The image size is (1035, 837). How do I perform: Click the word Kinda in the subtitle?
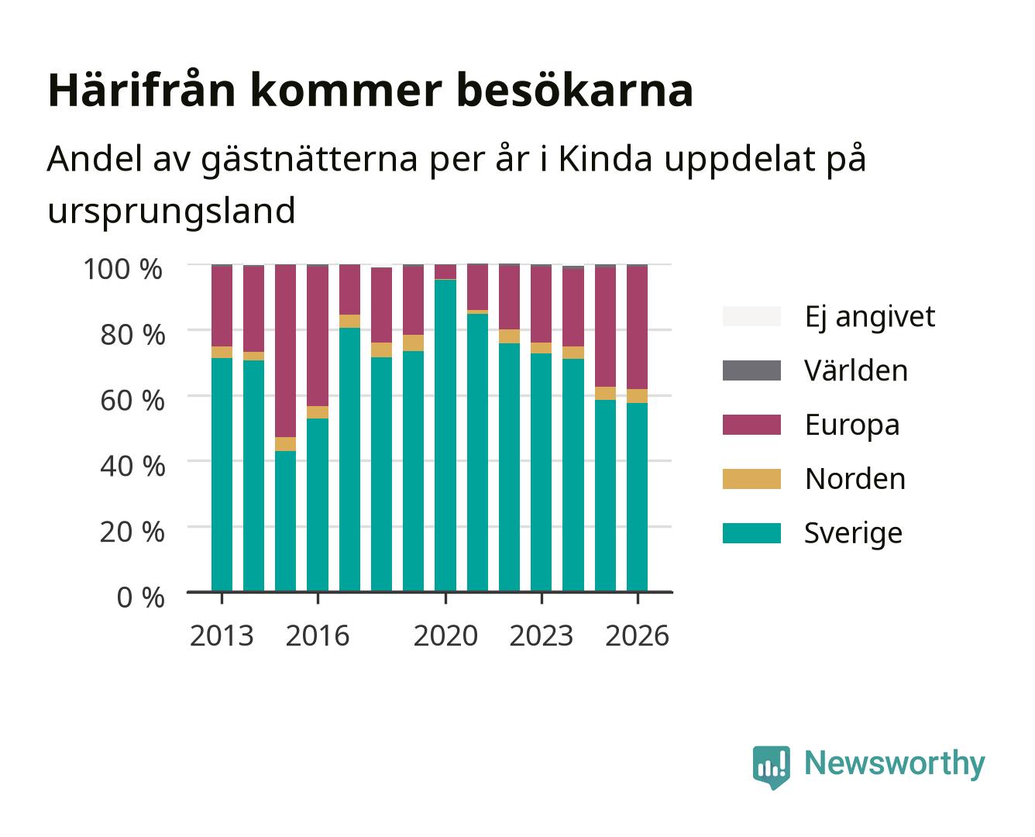pos(605,158)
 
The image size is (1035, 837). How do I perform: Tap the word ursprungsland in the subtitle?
pos(171,212)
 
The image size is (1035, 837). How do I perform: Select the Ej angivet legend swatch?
pos(751,316)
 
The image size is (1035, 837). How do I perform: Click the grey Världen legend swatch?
pos(751,370)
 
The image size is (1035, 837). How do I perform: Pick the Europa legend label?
pos(852,425)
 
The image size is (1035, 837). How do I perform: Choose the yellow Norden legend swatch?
pos(751,479)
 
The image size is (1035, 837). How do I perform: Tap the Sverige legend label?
pos(853,533)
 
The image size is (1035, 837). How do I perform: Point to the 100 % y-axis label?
pos(123,269)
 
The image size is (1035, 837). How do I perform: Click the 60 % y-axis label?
pos(132,401)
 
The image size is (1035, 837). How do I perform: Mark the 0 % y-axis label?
pos(140,598)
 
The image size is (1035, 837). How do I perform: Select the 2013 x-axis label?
pos(222,635)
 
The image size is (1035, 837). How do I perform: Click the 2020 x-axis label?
pos(445,635)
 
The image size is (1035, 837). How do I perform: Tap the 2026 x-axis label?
pos(637,635)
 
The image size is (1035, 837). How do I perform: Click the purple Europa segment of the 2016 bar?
pos(318,336)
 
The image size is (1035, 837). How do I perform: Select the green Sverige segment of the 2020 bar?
pos(445,436)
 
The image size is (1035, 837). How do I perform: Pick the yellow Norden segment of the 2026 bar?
pos(637,396)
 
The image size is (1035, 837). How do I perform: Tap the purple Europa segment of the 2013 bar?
pos(222,306)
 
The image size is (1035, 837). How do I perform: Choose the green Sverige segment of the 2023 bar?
pos(541,473)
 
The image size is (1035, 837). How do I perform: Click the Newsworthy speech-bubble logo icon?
pos(771,767)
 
